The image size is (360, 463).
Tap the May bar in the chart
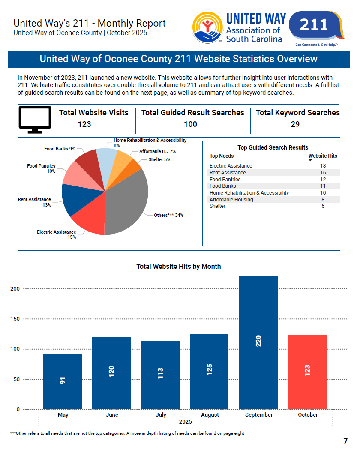[x=63, y=381]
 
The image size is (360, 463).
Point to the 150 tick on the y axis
[x=15, y=319]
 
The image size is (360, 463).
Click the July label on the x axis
[x=161, y=415]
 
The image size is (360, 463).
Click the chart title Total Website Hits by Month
[x=179, y=267]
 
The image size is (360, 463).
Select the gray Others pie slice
[x=129, y=197]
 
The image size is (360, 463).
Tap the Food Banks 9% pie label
[x=60, y=149]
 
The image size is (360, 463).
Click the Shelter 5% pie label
[x=159, y=160]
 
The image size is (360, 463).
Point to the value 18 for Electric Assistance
[x=323, y=166]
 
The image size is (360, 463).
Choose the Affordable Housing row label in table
[x=231, y=200]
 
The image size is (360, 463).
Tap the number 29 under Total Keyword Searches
[x=295, y=124]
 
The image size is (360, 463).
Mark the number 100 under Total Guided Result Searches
[x=190, y=124]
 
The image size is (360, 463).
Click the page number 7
[x=345, y=441]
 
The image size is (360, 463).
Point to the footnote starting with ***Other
[x=127, y=433]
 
